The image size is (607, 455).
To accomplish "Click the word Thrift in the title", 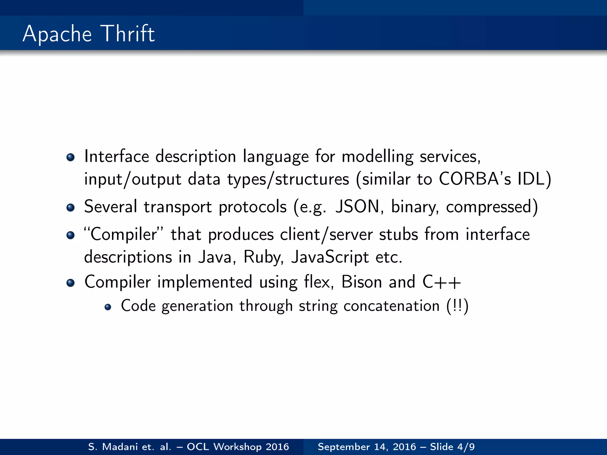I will pyautogui.click(x=127, y=33).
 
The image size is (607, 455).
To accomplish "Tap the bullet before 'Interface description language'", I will pyautogui.click(x=70, y=157).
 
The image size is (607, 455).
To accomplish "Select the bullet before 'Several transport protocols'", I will pyautogui.click(x=70, y=207).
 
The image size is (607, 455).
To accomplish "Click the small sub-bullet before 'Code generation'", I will pyautogui.click(x=108, y=307).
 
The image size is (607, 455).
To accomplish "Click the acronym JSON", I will pyautogui.click(x=357, y=206).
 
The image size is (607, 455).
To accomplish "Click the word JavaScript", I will pyautogui.click(x=330, y=257).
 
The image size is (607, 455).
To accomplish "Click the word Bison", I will pyautogui.click(x=361, y=282).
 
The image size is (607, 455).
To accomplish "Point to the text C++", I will pyautogui.click(x=442, y=282).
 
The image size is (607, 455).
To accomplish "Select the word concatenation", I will pyautogui.click(x=391, y=306).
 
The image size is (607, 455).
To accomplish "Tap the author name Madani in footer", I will pyautogui.click(x=120, y=447).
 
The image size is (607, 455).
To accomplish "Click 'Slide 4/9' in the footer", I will pyautogui.click(x=452, y=447).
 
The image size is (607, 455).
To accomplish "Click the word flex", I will pyautogui.click(x=318, y=282).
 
